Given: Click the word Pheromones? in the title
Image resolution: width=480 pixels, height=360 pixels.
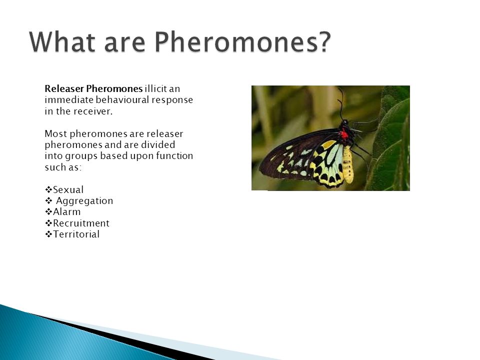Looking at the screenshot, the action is point(242,42).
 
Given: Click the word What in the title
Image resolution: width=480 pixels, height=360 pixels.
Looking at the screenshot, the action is point(63,42).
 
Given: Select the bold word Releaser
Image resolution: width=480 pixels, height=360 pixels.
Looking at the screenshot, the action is point(64,89).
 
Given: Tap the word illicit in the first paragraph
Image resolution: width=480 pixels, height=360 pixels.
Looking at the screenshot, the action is point(155,89).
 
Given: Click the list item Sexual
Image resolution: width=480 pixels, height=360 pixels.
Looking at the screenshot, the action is point(68,190).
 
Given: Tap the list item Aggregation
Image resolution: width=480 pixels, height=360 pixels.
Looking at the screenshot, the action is point(84,201).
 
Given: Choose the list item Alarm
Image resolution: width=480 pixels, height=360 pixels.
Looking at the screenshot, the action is point(66,212).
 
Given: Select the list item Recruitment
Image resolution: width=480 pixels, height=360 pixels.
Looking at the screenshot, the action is point(81,223).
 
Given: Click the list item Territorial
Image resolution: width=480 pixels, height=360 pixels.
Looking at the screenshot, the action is point(76,234).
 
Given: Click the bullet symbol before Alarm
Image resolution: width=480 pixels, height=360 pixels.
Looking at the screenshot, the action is point(48,212).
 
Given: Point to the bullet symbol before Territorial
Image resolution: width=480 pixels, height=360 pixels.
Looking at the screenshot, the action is point(48,234).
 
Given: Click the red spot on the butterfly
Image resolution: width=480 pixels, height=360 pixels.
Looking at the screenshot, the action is point(344,134).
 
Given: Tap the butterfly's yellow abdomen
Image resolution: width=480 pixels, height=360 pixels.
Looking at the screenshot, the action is point(348,164).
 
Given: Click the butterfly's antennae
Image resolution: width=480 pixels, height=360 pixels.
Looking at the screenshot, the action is point(340,103).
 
